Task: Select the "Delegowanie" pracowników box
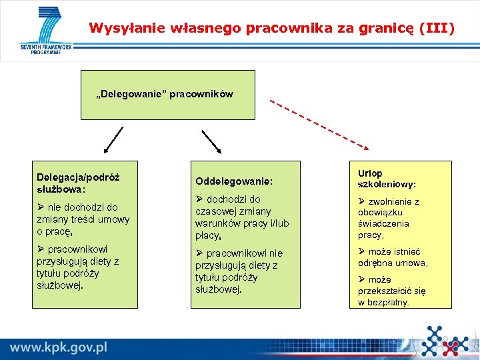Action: tap(167, 95)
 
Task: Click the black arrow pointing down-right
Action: tap(211, 141)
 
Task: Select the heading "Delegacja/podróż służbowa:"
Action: tap(78, 183)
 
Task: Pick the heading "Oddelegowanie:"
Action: tap(233, 181)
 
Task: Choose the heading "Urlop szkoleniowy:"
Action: tap(387, 178)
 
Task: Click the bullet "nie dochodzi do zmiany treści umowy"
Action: tap(83, 219)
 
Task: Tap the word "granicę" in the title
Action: tap(387, 28)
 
